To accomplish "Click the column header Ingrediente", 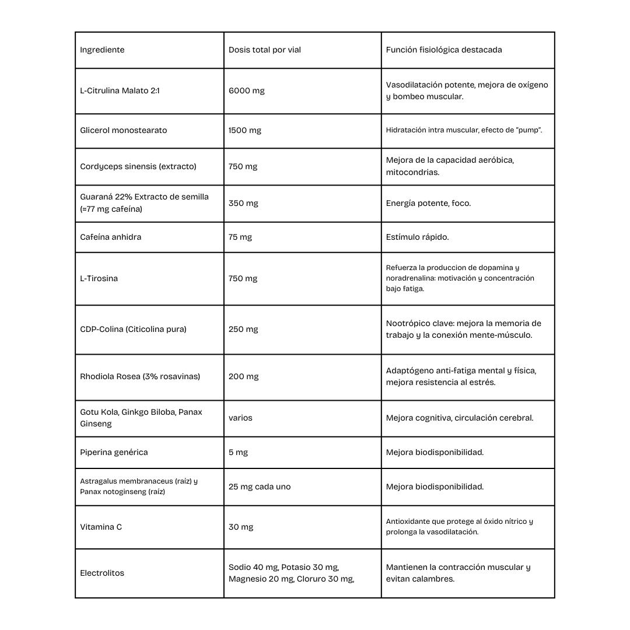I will tap(102, 50).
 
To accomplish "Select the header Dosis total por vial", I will tap(265, 50).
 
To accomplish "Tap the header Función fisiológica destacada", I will tap(444, 50).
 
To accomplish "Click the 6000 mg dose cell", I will tap(247, 91).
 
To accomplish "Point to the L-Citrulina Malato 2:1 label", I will tap(120, 91).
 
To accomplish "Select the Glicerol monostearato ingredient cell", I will tap(124, 130).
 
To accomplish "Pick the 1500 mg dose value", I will tap(245, 130).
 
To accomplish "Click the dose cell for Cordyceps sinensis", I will tap(243, 166).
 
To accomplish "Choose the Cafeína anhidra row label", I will tap(111, 237).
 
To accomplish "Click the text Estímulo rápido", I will tap(417, 237).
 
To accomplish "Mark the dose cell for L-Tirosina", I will tap(243, 278).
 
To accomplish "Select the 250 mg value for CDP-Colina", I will tap(243, 329).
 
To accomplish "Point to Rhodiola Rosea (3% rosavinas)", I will tap(140, 376).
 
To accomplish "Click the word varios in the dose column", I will tap(240, 418).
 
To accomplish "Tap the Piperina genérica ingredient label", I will tap(114, 452).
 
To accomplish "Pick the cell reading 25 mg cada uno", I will tap(260, 487).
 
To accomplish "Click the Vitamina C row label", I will tap(101, 527).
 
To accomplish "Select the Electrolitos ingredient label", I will tap(102, 573).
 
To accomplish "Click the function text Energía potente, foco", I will tap(428, 203).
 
